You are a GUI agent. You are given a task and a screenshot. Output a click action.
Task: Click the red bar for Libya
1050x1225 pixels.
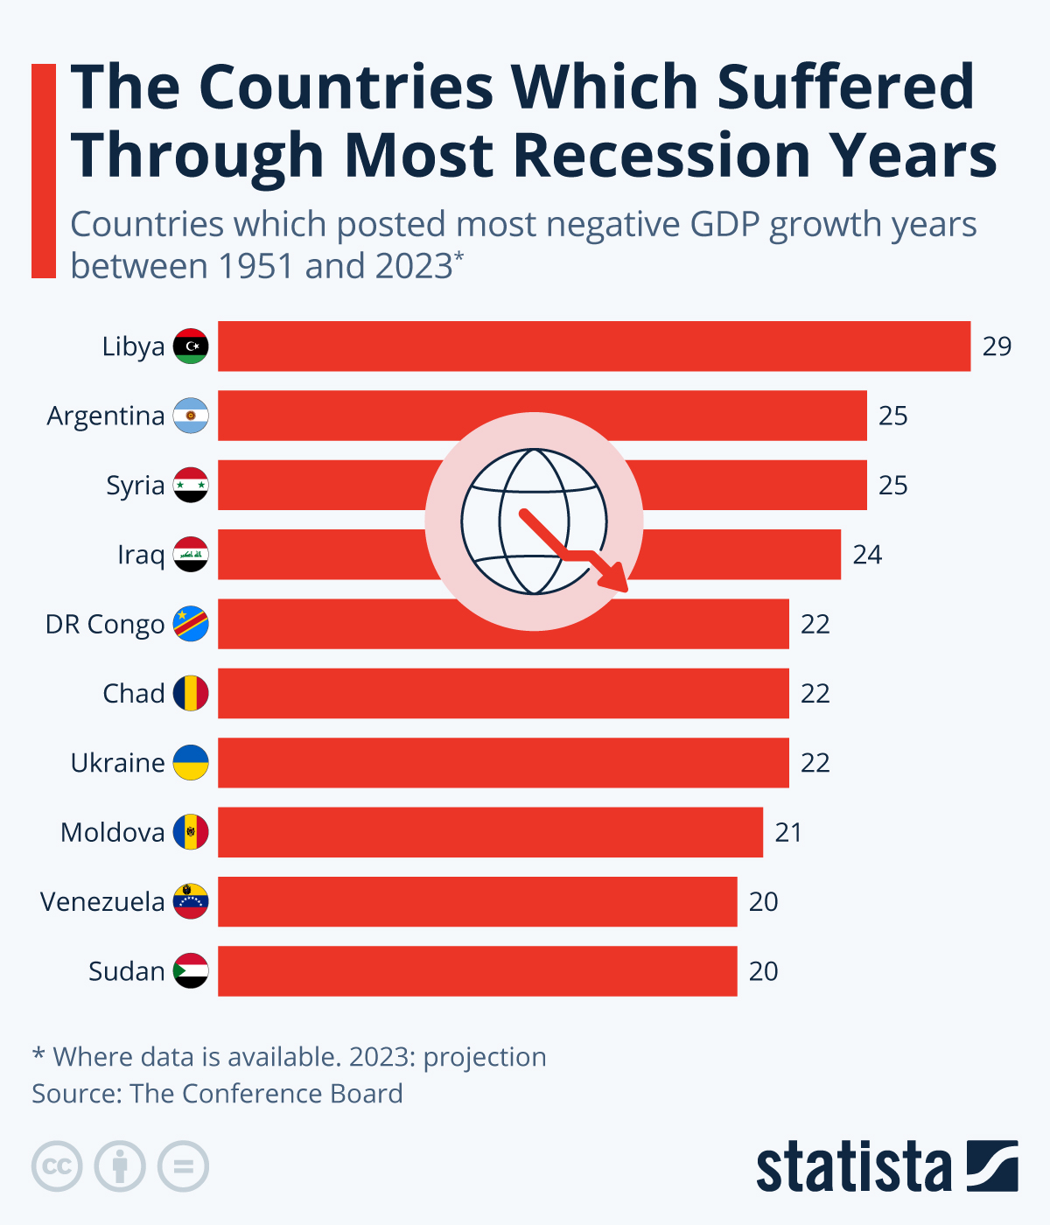(x=594, y=346)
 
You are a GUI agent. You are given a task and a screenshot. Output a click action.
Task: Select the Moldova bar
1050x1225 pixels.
(x=490, y=832)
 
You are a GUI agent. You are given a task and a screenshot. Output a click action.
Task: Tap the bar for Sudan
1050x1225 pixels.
(x=477, y=971)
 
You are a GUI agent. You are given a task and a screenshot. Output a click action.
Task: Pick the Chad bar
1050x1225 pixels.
(x=503, y=694)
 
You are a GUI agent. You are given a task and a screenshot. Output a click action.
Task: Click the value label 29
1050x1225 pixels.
(x=997, y=346)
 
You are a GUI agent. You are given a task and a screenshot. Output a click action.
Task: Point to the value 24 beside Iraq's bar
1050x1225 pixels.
(x=867, y=555)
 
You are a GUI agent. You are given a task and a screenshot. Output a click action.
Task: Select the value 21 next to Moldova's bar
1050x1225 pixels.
(x=788, y=832)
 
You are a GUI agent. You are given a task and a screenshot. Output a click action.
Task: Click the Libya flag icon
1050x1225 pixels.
(x=191, y=346)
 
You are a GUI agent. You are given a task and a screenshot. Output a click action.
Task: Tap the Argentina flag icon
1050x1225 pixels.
(x=191, y=416)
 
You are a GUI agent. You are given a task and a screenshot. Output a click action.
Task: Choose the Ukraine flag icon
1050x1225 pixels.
(x=191, y=763)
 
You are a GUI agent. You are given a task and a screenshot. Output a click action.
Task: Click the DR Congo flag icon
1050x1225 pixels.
(x=191, y=624)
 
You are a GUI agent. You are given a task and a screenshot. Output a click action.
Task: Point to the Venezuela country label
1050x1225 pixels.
(x=102, y=902)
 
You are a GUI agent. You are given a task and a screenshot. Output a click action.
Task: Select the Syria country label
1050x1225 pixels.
(x=135, y=486)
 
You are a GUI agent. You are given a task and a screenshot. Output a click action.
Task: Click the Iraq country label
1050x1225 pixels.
(x=141, y=555)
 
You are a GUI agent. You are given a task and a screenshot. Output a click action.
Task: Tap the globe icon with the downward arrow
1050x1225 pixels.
(x=535, y=521)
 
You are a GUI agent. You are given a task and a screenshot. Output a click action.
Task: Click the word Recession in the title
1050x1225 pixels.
(x=664, y=156)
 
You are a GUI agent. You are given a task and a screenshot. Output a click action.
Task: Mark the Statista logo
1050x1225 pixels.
(x=886, y=1166)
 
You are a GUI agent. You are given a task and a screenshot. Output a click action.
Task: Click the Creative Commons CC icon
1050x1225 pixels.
(x=57, y=1166)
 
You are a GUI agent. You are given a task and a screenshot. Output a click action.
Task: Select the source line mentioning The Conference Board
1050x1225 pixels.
(x=217, y=1094)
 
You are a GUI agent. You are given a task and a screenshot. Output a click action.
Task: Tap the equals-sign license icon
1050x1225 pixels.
(x=183, y=1166)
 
